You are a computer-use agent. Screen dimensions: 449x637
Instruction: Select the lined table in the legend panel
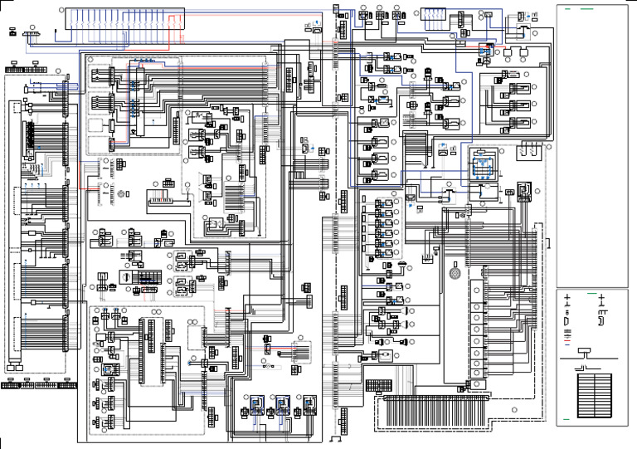[x=593, y=395]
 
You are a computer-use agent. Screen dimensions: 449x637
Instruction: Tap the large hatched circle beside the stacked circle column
[x=454, y=273]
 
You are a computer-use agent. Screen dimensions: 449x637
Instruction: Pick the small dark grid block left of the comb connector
[x=378, y=386]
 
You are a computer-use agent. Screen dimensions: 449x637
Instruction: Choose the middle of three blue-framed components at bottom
[x=283, y=406]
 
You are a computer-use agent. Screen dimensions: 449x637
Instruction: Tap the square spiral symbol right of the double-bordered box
[x=523, y=192]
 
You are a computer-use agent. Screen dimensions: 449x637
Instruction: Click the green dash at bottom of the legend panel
[x=566, y=420]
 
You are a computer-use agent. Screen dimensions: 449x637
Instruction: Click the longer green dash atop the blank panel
[x=587, y=9]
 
